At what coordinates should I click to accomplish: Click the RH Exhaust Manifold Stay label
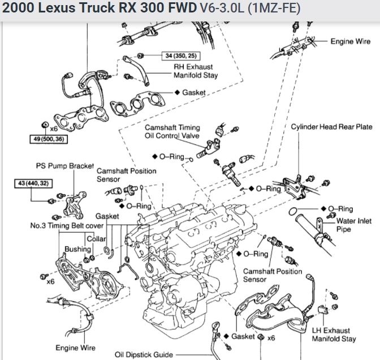(196, 70)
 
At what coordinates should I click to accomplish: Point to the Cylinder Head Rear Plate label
(331, 127)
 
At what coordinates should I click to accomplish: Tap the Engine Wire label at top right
(351, 41)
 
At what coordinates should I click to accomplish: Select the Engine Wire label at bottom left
(75, 347)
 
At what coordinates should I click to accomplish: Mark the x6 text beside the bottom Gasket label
(271, 338)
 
